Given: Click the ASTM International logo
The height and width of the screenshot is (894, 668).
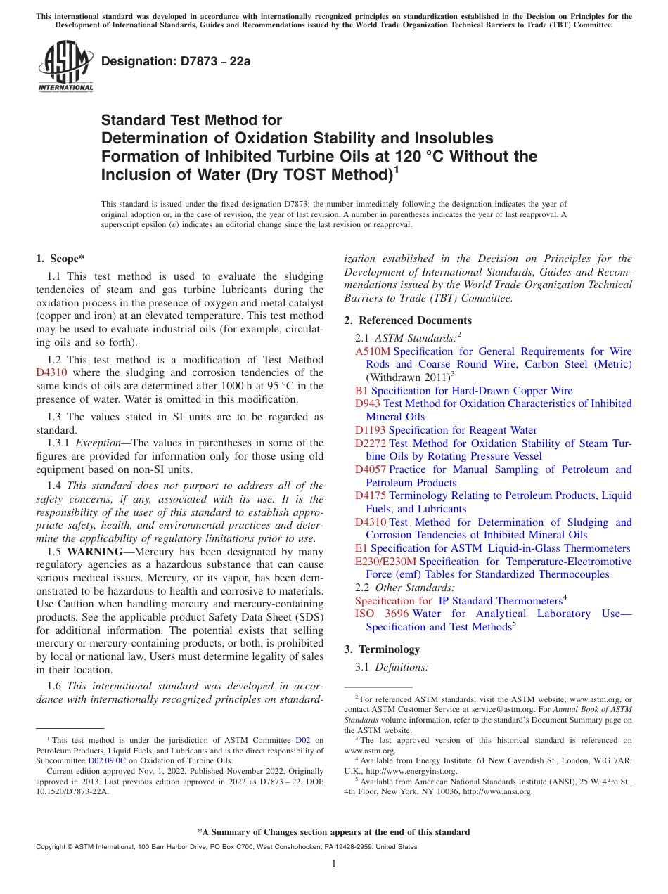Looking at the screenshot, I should pyautogui.click(x=65, y=67).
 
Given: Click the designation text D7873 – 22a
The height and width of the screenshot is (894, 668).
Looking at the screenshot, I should pyautogui.click(x=176, y=62).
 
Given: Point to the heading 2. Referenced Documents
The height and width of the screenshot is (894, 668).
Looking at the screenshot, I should pyautogui.click(x=408, y=320).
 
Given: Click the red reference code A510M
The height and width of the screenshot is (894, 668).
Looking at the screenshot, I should pyautogui.click(x=372, y=351).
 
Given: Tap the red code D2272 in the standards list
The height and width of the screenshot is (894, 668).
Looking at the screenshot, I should pyautogui.click(x=371, y=443).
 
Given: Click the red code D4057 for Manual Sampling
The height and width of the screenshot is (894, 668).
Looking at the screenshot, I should pyautogui.click(x=371, y=469).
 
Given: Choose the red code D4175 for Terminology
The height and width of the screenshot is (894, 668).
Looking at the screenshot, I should pyautogui.click(x=371, y=495).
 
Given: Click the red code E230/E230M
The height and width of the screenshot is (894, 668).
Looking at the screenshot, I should pyautogui.click(x=385, y=562).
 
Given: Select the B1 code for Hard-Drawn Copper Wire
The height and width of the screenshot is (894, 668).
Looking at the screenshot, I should pyautogui.click(x=361, y=391).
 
